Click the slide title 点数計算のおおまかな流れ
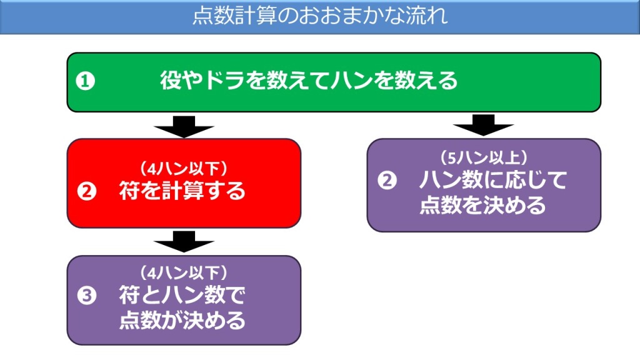pos(320,16)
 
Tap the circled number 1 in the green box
pos(85,81)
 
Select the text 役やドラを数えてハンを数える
pos(309,81)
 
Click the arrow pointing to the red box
pos(184,127)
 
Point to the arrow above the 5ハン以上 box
pos(483,125)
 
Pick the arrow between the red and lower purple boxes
pos(184,242)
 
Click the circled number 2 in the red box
pos(86,191)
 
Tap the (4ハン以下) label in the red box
pos(184,168)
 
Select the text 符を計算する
pos(182,191)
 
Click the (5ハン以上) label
pos(484,157)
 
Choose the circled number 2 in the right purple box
pos(386,180)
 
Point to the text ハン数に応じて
pos(492,180)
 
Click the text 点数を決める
pos(482,205)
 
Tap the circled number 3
pos(86,295)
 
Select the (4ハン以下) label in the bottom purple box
pos(184,272)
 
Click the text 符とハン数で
pos(182,295)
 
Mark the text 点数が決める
pos(182,321)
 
